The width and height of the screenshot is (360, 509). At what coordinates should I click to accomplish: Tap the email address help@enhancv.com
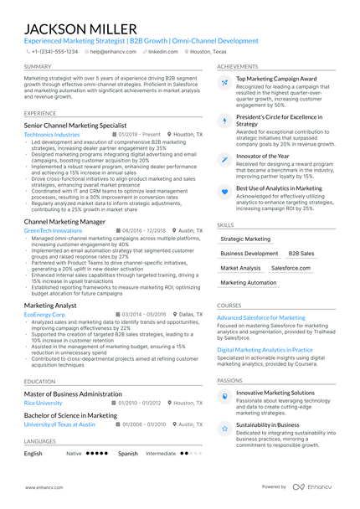click(114, 51)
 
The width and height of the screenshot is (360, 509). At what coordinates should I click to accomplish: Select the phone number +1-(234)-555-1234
click(55, 51)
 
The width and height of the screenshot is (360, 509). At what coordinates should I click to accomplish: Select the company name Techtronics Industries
click(52, 134)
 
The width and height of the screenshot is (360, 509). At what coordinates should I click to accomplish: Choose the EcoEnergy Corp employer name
click(45, 314)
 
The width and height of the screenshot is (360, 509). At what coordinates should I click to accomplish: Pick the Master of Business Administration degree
click(73, 393)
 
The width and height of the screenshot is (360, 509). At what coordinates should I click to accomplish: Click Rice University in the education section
click(43, 403)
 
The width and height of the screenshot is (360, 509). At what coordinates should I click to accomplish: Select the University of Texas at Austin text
click(59, 424)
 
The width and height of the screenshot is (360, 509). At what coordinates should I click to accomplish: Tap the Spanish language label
click(127, 454)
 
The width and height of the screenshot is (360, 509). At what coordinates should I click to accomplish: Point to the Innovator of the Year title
click(264, 157)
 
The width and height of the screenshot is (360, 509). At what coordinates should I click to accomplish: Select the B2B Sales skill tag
click(301, 253)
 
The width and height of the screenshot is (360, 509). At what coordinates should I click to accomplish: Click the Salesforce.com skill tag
click(291, 268)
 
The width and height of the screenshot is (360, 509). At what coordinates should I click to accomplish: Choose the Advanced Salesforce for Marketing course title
click(261, 318)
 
